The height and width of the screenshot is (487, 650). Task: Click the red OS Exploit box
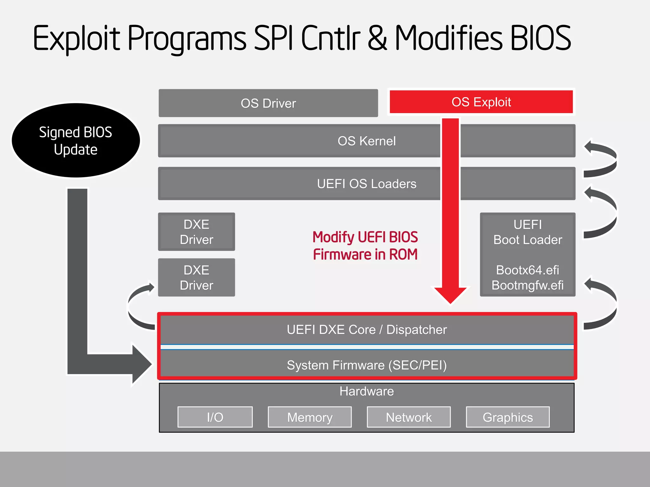click(x=481, y=102)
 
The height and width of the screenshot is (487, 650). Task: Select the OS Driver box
click(x=268, y=103)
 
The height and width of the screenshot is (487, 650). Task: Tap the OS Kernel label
click(x=367, y=141)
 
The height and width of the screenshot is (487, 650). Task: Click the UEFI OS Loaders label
click(x=367, y=184)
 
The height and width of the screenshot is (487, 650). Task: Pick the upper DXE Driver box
click(x=196, y=232)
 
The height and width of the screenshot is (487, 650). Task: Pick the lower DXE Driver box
click(x=196, y=278)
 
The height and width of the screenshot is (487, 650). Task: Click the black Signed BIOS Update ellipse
click(x=76, y=140)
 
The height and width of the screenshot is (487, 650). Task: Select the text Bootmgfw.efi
click(x=527, y=285)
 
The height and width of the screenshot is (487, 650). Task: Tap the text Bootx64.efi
click(x=527, y=270)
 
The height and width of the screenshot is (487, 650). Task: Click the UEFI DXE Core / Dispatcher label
click(x=367, y=330)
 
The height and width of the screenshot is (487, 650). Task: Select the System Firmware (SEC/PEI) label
click(x=367, y=365)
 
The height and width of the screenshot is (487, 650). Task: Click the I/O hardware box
click(x=215, y=417)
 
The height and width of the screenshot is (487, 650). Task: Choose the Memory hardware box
click(x=310, y=417)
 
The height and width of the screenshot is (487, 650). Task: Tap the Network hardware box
click(x=409, y=417)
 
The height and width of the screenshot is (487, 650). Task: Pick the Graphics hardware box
click(x=508, y=417)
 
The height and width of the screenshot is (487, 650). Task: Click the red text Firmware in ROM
click(x=365, y=255)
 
